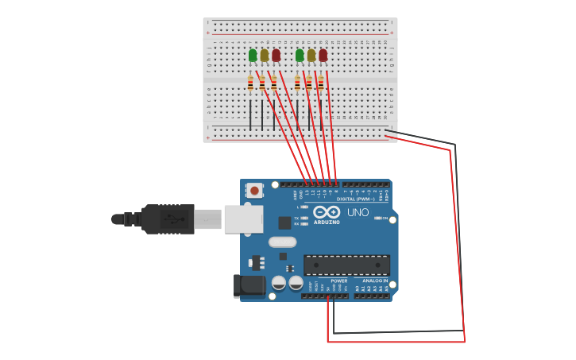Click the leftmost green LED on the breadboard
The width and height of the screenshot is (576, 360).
tap(253, 55)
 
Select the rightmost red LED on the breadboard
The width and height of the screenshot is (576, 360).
tap(323, 55)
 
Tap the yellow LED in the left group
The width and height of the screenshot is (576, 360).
tap(265, 55)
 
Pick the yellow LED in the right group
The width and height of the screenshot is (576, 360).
tap(311, 55)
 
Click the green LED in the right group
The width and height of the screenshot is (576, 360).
tap(300, 55)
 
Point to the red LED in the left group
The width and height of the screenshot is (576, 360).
tap(276, 55)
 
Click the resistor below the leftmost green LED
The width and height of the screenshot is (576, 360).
tap(250, 83)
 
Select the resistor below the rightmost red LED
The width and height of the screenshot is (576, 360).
tap(321, 83)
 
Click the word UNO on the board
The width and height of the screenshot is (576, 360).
tap(358, 212)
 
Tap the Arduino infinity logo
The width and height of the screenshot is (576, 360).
tap(327, 212)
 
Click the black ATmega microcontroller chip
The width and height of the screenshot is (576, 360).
tap(346, 265)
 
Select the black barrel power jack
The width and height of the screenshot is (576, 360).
tap(249, 286)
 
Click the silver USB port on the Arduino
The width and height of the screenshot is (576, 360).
tap(243, 219)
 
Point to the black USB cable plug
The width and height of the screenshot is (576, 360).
tap(168, 219)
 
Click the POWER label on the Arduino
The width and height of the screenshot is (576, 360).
tap(339, 281)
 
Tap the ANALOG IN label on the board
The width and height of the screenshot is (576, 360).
tap(375, 281)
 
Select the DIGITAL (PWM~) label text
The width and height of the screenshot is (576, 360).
tap(355, 199)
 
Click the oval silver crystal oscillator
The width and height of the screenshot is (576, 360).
tap(282, 242)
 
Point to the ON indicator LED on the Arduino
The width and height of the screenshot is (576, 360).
tap(379, 218)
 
